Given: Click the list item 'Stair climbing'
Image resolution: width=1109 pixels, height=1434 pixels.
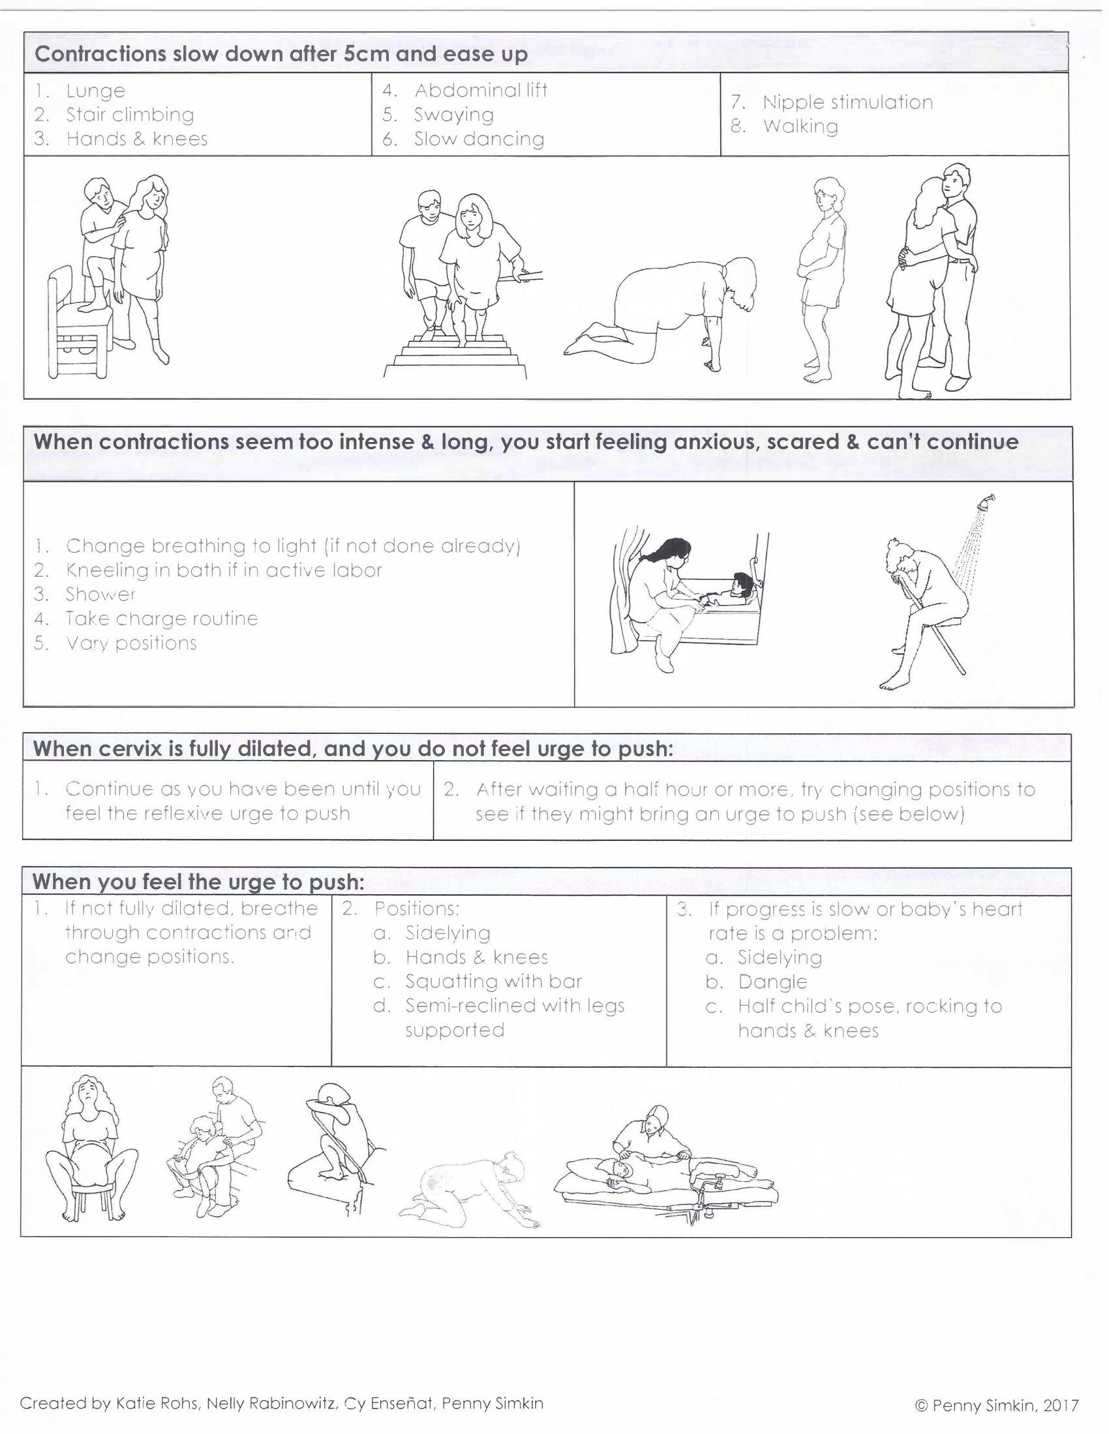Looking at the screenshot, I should (129, 115).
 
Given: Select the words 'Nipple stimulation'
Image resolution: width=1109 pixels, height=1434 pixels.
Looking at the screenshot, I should (847, 102).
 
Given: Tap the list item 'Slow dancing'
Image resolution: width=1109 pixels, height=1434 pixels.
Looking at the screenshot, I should (478, 139).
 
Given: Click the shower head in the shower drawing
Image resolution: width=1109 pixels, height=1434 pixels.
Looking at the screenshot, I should (986, 503).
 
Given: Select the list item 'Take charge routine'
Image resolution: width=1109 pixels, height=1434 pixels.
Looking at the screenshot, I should (161, 619).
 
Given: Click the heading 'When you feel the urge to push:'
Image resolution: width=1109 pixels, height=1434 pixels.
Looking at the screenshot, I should (198, 881).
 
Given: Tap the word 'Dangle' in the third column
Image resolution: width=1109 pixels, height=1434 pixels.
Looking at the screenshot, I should (772, 982).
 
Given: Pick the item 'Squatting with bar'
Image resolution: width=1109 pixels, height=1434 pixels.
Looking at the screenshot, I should (493, 981).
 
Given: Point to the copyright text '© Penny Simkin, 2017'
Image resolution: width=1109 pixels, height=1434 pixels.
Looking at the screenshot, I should (996, 1406).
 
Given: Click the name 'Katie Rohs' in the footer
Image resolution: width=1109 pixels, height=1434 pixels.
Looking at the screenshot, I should (157, 1403).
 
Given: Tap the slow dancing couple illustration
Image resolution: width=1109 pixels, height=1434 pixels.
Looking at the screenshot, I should (930, 282).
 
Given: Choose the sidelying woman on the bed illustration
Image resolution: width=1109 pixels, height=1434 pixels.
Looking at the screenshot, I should (663, 1172).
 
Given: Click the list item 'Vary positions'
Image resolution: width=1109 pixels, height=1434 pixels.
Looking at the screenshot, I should (130, 643).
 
